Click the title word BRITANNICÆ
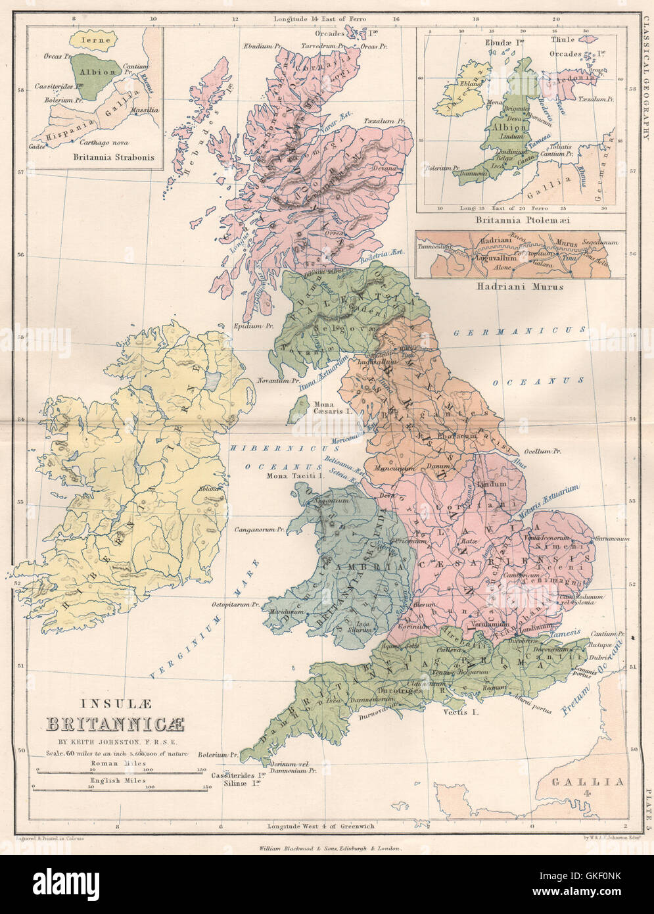point(115,725)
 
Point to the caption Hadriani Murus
point(519,287)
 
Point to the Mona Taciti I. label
point(292,475)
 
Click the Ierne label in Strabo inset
point(93,39)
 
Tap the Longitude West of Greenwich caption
point(321,826)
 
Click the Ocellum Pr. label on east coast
point(542,452)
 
